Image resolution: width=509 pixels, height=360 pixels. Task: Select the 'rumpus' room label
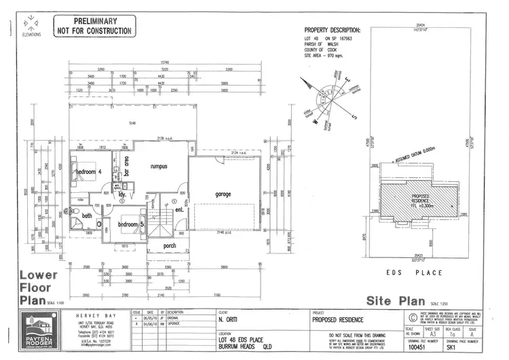pos(159,165)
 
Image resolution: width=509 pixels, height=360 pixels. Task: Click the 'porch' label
pos(170,246)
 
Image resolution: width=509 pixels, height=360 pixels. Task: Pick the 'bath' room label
pos(87,216)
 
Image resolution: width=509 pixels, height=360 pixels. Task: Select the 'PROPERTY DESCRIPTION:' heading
pos(332,31)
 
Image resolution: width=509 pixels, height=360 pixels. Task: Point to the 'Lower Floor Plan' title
pos(38,286)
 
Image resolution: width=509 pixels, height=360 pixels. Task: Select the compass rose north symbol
pos(328,96)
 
